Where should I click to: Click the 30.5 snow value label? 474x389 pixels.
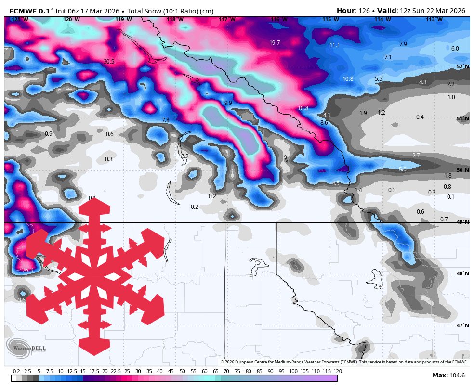click(x=109, y=62)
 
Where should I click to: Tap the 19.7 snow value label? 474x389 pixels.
click(x=275, y=43)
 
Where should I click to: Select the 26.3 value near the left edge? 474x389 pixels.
click(x=27, y=270)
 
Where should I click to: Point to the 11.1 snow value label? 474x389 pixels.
click(x=335, y=45)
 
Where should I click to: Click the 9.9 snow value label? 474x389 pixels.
click(x=228, y=103)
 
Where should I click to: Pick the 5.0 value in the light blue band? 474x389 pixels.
click(x=403, y=169)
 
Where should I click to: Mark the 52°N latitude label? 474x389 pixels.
click(x=462, y=67)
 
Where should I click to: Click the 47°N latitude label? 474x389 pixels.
click(x=462, y=325)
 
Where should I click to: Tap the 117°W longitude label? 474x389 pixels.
click(x=227, y=19)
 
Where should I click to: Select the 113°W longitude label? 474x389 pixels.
click(x=434, y=19)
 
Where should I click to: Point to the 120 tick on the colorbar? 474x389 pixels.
click(x=338, y=371)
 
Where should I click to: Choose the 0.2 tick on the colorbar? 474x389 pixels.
click(x=16, y=371)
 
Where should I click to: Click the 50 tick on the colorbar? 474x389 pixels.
click(x=183, y=371)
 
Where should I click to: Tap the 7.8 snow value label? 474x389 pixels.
click(x=166, y=120)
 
